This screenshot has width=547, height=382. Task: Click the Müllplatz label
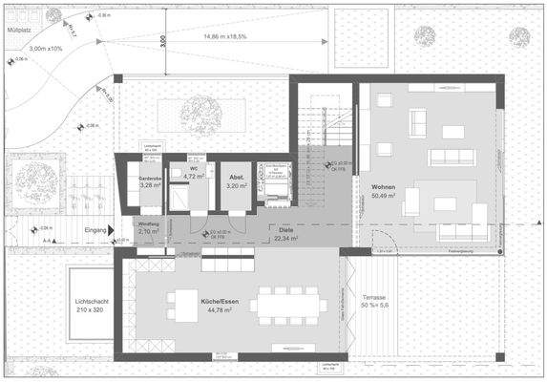pyautogui.click(x=22, y=31)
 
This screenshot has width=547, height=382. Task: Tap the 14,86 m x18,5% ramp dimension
pyautogui.click(x=225, y=37)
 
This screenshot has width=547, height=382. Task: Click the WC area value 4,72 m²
pyautogui.click(x=194, y=176)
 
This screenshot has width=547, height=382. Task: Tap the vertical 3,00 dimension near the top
pyautogui.click(x=163, y=42)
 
